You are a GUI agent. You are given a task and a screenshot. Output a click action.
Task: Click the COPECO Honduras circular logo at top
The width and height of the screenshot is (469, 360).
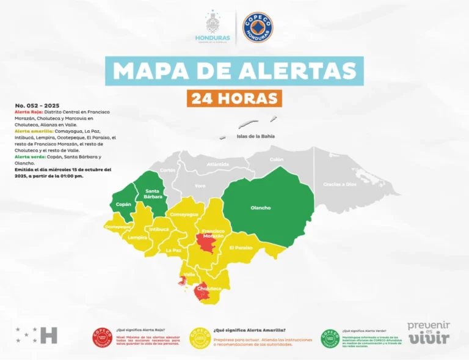coord(258,28)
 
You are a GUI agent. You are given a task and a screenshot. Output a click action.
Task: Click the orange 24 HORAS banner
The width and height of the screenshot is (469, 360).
coord(234,98)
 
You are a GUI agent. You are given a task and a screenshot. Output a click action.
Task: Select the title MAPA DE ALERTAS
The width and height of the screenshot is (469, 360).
coord(234,70)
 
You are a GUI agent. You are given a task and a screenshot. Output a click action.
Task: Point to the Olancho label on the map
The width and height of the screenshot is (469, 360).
coord(260,208)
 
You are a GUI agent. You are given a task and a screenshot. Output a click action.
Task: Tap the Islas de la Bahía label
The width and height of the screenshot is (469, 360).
coord(255,136)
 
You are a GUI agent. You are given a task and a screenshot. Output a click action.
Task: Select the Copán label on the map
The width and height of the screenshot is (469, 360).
coord(124,204)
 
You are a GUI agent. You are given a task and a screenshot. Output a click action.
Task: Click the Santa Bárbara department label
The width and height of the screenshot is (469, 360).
coord(153,194)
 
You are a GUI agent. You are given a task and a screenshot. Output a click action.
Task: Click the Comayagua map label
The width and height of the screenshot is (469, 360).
coord(184,215)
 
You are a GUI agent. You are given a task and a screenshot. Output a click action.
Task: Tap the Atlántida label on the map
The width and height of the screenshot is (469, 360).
coord(218,164)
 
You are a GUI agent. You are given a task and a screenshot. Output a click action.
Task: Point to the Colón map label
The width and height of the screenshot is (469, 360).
coord(277,160)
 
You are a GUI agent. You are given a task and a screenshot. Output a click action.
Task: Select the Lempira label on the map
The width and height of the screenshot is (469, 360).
coord(137,237)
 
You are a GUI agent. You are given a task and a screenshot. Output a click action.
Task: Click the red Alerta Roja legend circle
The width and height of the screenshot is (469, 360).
coord(101,337)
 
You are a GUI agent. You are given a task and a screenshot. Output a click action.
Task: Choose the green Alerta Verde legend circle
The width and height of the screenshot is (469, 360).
coord(330,337)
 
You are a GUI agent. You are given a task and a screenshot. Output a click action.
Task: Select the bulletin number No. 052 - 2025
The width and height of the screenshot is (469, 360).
coord(38,106)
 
